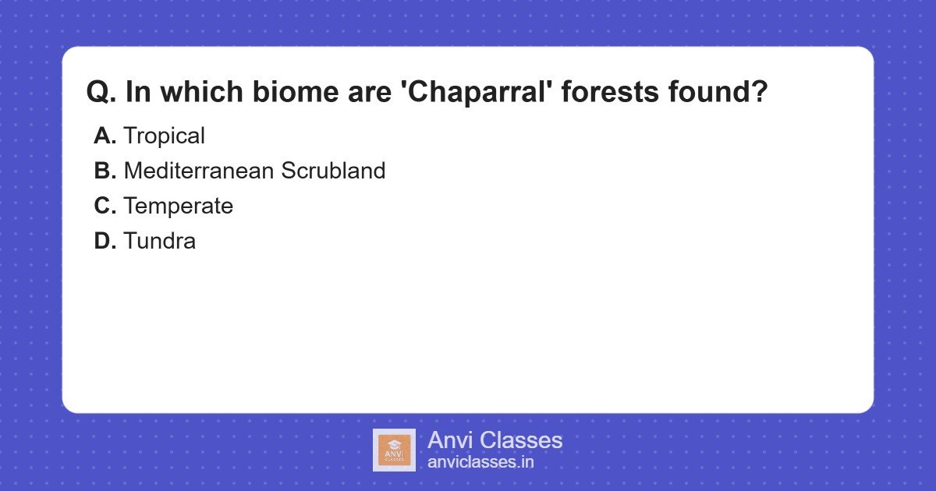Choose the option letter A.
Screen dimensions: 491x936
[x=105, y=136]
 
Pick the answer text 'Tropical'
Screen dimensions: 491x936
[x=164, y=136]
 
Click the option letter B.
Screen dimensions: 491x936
[x=105, y=171]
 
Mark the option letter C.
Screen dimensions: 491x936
[x=105, y=206]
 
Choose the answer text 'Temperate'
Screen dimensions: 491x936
[x=178, y=206]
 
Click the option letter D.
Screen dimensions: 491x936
[x=105, y=241]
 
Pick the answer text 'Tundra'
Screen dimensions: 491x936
[x=159, y=241]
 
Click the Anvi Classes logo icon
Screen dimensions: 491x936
[x=394, y=450]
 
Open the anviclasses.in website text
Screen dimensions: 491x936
[x=480, y=462]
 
